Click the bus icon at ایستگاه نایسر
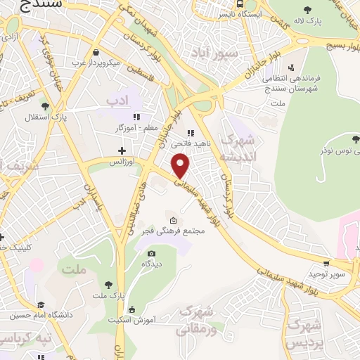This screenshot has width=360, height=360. (x=242, y=14)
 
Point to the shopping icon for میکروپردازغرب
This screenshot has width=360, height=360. (x=97, y=53)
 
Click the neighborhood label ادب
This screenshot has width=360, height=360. (x=119, y=102)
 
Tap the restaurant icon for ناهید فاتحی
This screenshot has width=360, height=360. (x=190, y=133)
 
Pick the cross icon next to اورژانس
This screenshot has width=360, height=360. (x=122, y=150)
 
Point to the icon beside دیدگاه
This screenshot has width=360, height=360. (x=150, y=253)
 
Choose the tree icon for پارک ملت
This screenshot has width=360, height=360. (x=108, y=285)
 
